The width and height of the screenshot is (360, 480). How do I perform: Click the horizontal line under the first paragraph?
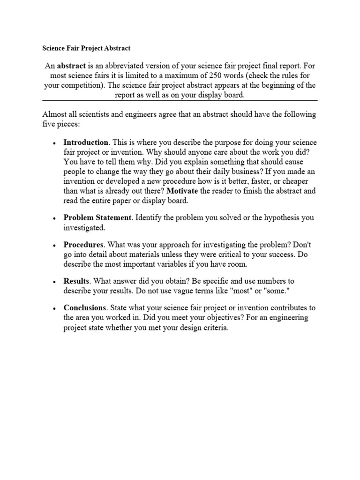(180, 100)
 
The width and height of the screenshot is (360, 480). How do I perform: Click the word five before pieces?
(50, 124)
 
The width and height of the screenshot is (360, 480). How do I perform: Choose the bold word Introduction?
(86, 142)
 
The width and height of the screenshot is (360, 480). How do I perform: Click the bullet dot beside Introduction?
(55, 143)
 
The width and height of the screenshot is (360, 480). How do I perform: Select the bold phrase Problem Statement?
(97, 218)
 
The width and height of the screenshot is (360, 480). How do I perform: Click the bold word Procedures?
(83, 245)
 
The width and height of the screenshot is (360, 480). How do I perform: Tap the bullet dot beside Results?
(55, 282)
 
